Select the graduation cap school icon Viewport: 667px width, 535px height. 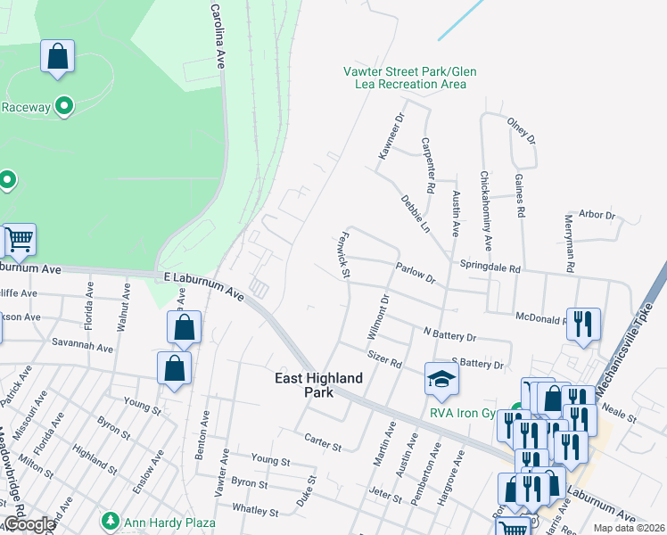tap(441, 378)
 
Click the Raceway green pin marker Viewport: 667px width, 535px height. tap(63, 107)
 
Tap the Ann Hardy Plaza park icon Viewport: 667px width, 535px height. tap(110, 519)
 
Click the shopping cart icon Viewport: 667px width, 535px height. tap(19, 239)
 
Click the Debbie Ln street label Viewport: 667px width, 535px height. tap(415, 214)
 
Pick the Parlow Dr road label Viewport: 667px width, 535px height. tap(416, 272)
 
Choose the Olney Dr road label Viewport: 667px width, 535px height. tap(521, 131)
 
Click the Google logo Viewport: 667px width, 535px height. tap(29, 524)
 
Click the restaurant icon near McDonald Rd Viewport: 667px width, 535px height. tap(583, 323)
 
